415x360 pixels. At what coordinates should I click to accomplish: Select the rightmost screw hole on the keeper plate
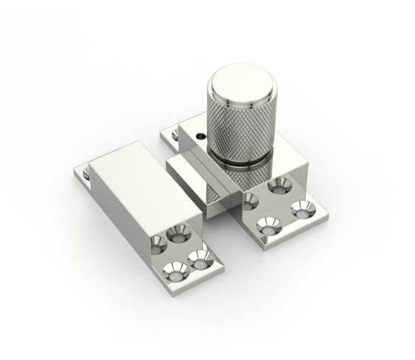click(x=201, y=258)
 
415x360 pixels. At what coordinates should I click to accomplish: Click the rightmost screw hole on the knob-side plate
click(x=303, y=209)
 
